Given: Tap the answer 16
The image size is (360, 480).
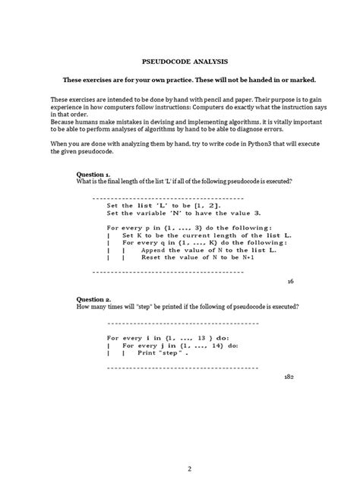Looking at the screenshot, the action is coord(290,281).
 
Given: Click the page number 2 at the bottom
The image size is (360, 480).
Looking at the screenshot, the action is coord(180,447).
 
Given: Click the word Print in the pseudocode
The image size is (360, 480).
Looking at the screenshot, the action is coord(147,353).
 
